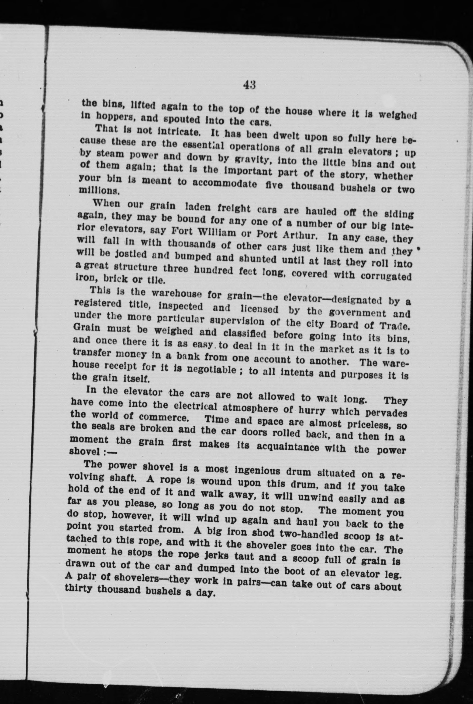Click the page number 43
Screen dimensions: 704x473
click(x=249, y=85)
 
